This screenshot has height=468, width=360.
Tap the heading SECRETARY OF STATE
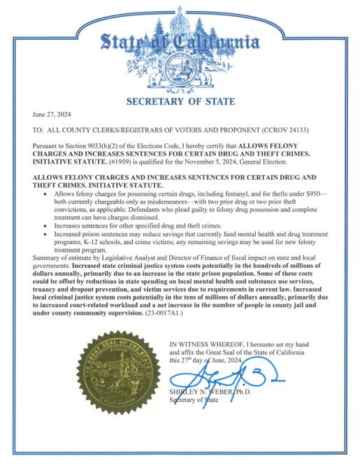(x=179, y=101)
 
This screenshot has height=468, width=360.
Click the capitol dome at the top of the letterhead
(x=181, y=14)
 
